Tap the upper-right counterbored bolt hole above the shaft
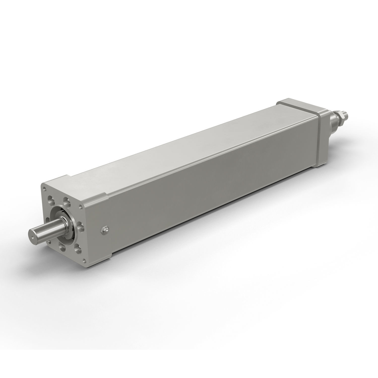pyautogui.click(x=67, y=202)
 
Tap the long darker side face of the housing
pyautogui.click(x=202, y=202)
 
